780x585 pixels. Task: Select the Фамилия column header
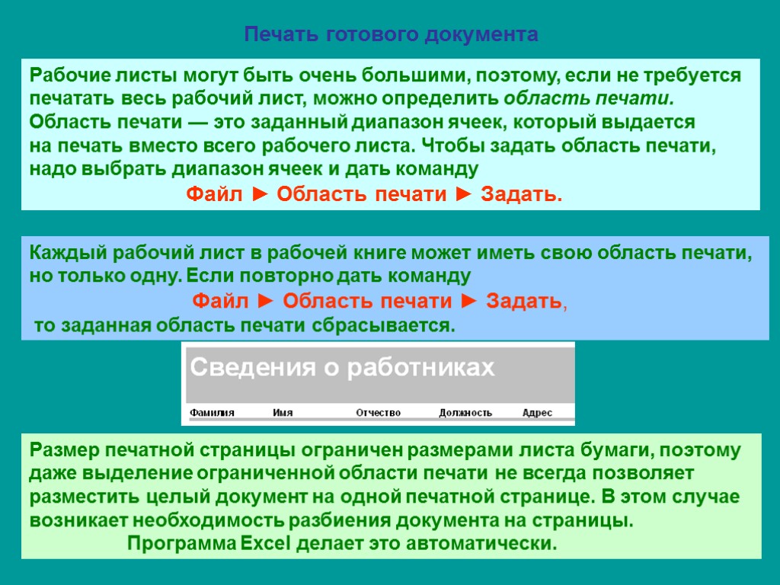pyautogui.click(x=212, y=413)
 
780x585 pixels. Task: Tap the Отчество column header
pyautogui.click(x=379, y=413)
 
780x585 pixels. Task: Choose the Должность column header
pyautogui.click(x=465, y=413)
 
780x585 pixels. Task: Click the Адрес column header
pyautogui.click(x=537, y=413)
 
